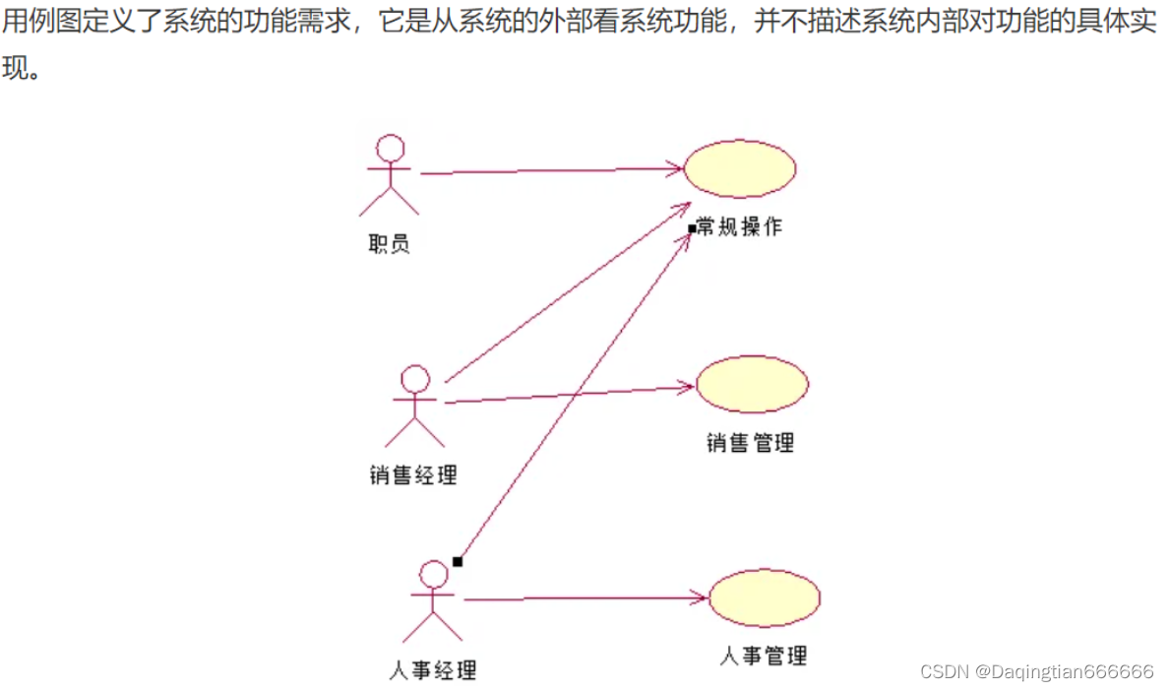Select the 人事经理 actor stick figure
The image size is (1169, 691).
pyautogui.click(x=433, y=600)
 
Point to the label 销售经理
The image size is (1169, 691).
pyautogui.click(x=413, y=475)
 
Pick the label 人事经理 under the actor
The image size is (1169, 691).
pyautogui.click(x=433, y=671)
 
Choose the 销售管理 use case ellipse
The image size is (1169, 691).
pyautogui.click(x=752, y=384)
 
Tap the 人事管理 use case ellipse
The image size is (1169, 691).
pyautogui.click(x=765, y=597)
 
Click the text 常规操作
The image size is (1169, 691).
pyautogui.click(x=740, y=226)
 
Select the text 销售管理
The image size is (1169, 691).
pyautogui.click(x=750, y=443)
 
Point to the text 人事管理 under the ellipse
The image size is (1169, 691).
pyautogui.click(x=764, y=656)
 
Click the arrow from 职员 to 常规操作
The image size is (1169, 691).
pyautogui.click(x=551, y=171)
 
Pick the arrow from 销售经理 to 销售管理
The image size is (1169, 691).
pyautogui.click(x=571, y=395)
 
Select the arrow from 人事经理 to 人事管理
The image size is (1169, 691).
pyautogui.click(x=585, y=597)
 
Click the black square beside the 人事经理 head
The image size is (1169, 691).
pyautogui.click(x=457, y=561)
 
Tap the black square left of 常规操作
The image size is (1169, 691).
pyautogui.click(x=692, y=228)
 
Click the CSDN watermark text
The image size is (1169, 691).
pyautogui.click(x=1036, y=671)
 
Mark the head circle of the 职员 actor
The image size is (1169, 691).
pyautogui.click(x=391, y=150)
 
